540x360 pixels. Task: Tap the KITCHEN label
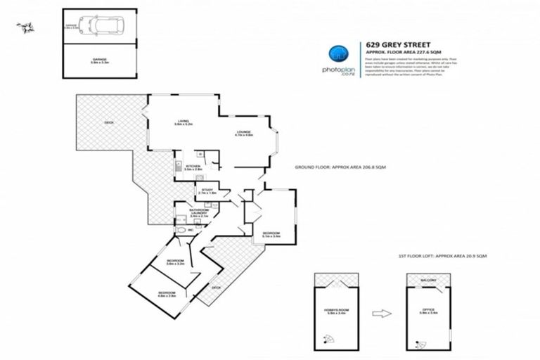(193, 167)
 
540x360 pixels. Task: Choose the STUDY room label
(207, 191)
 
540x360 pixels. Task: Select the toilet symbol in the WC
(181, 230)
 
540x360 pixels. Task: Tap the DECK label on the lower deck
(215, 287)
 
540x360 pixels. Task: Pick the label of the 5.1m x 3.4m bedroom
(271, 235)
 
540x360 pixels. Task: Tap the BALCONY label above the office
(428, 281)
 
